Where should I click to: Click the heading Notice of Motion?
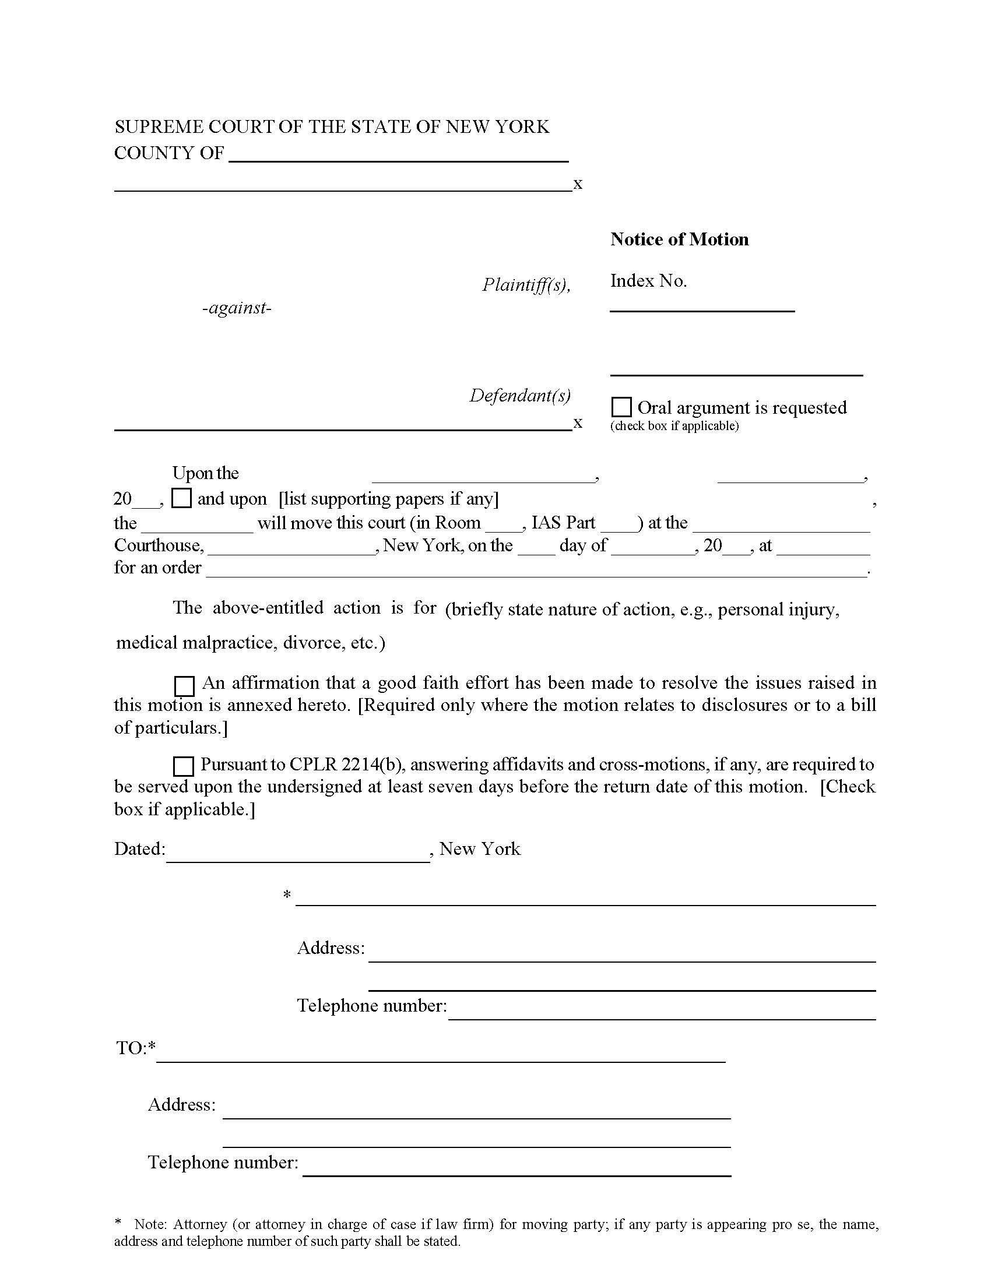pyautogui.click(x=679, y=240)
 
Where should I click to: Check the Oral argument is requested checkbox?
pyautogui.click(x=621, y=407)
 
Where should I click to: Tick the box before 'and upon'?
pyautogui.click(x=181, y=498)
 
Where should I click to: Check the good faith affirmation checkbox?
pyautogui.click(x=184, y=686)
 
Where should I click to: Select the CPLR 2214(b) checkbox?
pyautogui.click(x=184, y=767)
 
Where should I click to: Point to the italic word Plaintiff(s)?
pyautogui.click(x=526, y=285)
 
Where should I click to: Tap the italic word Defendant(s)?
pyautogui.click(x=519, y=396)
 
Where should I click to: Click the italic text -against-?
pyautogui.click(x=237, y=308)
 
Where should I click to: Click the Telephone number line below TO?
pyautogui.click(x=516, y=1171)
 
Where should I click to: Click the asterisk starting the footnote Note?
pyautogui.click(x=119, y=1223)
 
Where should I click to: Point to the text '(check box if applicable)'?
pyautogui.click(x=674, y=426)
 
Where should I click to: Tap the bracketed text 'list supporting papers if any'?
pyautogui.click(x=389, y=499)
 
